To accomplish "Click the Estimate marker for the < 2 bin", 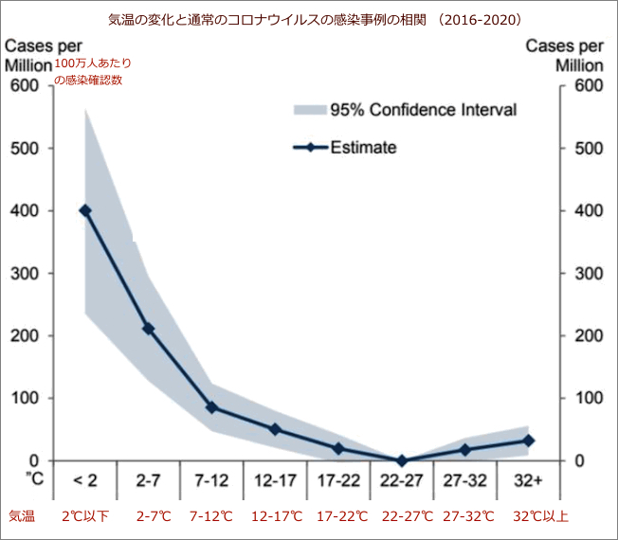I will pyautogui.click(x=85, y=210).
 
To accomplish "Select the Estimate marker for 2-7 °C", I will pyautogui.click(x=148, y=329).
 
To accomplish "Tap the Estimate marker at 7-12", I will pyautogui.click(x=211, y=407).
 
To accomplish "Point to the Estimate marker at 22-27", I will pyautogui.click(x=402, y=460).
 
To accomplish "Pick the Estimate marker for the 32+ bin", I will pyautogui.click(x=529, y=441).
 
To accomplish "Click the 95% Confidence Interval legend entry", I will pyautogui.click(x=405, y=110).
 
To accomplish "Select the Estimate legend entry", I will pyautogui.click(x=346, y=147).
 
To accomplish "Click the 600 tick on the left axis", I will pyautogui.click(x=26, y=86).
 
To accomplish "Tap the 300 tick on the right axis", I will pyautogui.click(x=587, y=274).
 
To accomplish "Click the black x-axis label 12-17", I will pyautogui.click(x=275, y=481).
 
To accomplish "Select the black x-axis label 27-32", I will pyautogui.click(x=465, y=481).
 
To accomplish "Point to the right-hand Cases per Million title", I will pyautogui.click(x=565, y=56).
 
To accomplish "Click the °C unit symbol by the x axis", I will pyautogui.click(x=33, y=480).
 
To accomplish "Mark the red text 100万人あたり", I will pyautogui.click(x=93, y=63).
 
